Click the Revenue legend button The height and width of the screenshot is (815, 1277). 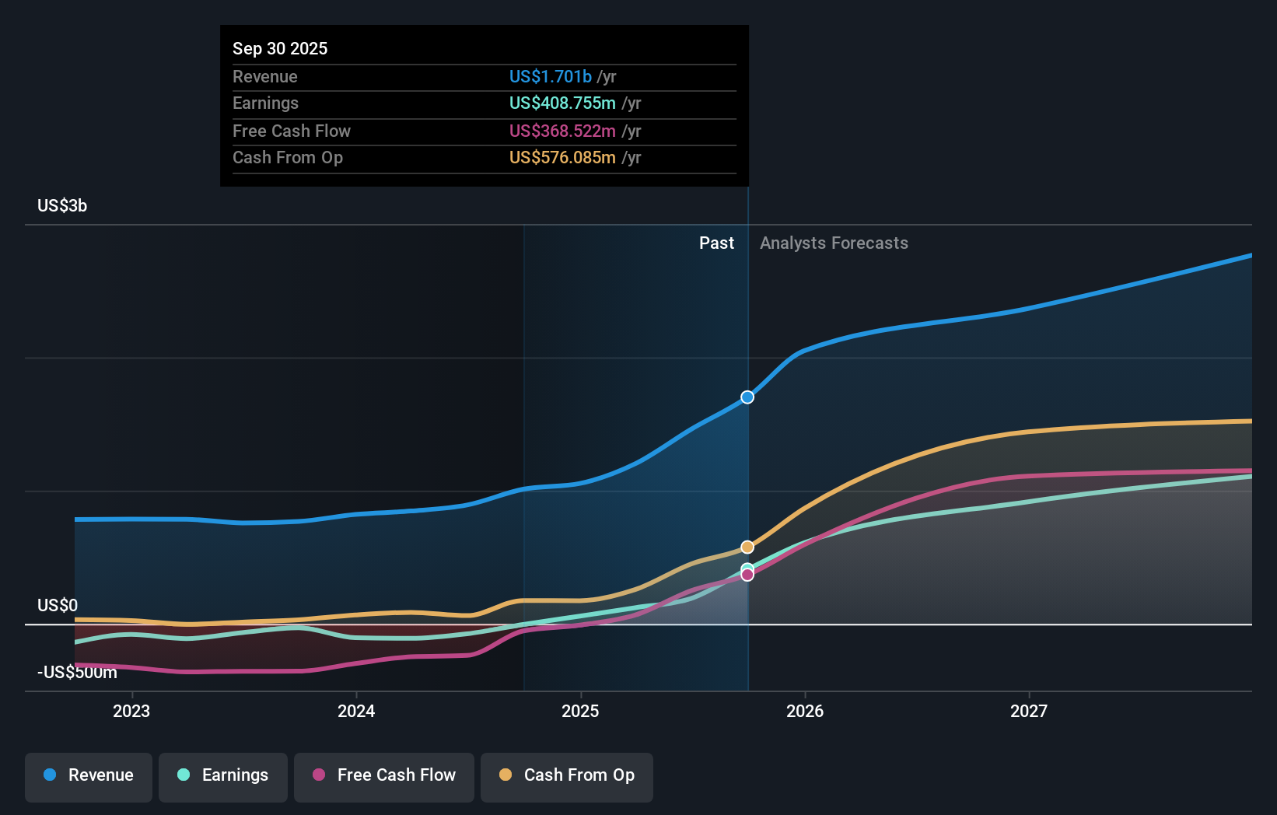89,775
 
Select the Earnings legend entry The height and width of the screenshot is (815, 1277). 223,775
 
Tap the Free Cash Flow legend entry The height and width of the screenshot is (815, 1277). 384,775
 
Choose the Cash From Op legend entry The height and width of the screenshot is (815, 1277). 567,775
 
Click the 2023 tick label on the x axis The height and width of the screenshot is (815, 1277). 131,711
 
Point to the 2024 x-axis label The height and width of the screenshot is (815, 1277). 356,711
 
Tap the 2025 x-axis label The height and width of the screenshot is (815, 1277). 580,711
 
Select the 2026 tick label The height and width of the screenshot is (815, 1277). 805,711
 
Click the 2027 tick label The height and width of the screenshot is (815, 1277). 1029,711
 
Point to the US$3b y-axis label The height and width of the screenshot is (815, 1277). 62,205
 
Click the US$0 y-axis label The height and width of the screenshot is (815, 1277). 58,605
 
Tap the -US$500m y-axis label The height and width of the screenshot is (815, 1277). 77,672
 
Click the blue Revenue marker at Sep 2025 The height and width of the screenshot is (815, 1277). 747,397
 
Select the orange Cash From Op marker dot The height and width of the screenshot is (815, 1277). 747,547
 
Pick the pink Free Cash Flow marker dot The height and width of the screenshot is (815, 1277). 747,575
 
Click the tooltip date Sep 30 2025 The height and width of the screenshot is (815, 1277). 280,48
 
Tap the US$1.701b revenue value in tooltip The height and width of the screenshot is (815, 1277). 550,76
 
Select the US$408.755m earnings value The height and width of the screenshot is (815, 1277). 562,103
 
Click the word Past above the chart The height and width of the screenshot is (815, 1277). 716,243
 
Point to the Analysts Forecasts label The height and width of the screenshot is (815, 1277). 834,243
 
